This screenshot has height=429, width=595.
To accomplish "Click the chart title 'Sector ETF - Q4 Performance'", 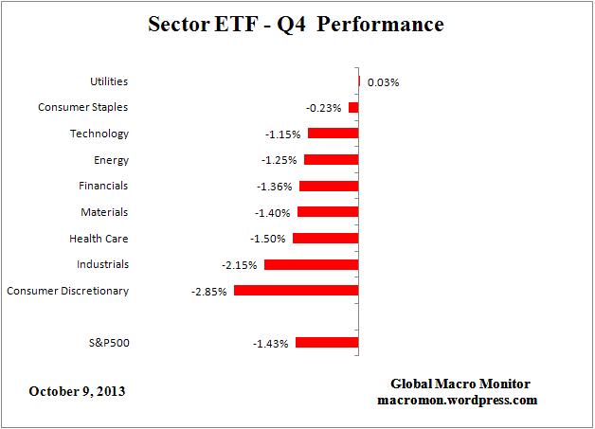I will click(297, 26).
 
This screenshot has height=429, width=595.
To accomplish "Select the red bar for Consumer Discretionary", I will click(296, 291).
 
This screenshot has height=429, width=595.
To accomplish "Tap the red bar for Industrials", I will click(311, 264).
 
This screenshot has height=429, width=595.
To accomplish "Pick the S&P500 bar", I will click(327, 343).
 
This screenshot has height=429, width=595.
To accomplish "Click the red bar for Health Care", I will click(325, 239).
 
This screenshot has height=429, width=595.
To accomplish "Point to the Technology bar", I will click(333, 134).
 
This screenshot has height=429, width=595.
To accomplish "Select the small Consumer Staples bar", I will click(353, 108).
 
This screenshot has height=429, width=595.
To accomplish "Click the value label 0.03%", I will click(383, 82).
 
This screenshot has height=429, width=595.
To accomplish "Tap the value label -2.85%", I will click(208, 292).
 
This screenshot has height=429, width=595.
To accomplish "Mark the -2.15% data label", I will click(240, 265).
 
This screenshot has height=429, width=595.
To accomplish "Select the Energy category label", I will click(112, 161).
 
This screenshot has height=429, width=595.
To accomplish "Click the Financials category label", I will click(104, 187).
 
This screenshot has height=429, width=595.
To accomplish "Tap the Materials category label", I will click(105, 212).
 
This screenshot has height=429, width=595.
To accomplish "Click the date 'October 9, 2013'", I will click(78, 390).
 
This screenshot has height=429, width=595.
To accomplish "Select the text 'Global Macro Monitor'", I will click(460, 384).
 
